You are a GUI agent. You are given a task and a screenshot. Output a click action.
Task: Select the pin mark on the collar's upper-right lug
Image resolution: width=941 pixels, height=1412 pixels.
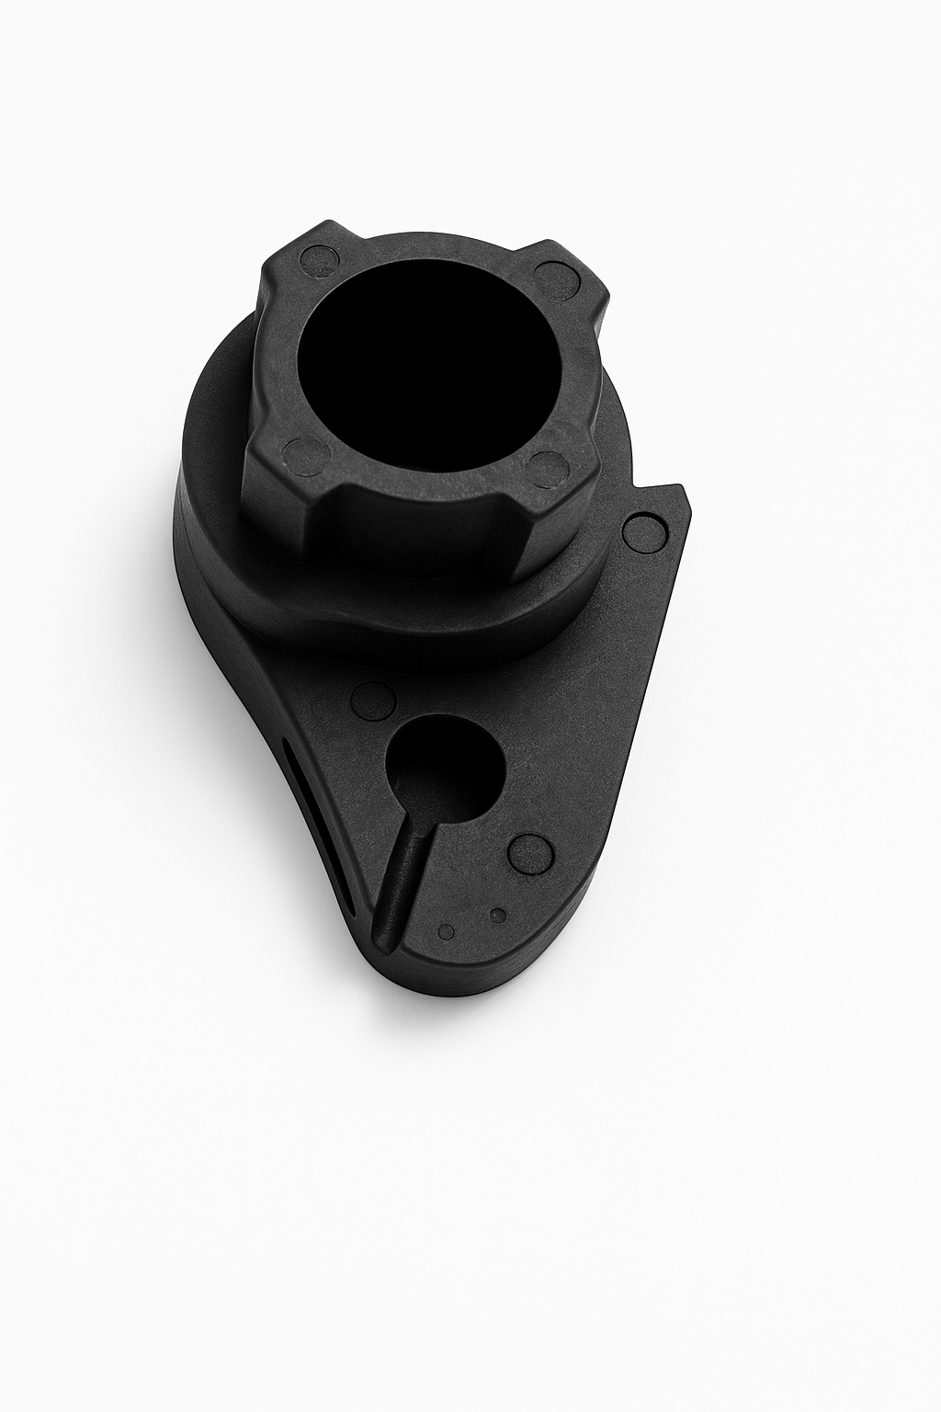click(x=556, y=278)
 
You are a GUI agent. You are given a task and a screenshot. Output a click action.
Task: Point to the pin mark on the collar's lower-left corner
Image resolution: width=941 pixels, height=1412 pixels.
click(x=305, y=454)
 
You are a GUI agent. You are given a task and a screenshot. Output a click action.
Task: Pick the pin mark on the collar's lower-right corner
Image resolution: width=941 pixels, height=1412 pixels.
click(x=549, y=469)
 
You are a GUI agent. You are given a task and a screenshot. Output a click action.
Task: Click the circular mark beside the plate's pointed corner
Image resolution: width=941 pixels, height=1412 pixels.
click(x=644, y=533)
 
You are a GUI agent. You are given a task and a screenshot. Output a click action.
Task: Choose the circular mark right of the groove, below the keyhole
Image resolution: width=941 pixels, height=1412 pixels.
click(x=530, y=853)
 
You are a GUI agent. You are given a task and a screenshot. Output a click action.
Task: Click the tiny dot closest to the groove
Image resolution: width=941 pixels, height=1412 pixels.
click(x=447, y=931)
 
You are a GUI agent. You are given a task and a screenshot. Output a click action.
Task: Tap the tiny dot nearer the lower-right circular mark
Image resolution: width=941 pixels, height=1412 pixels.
click(x=498, y=915)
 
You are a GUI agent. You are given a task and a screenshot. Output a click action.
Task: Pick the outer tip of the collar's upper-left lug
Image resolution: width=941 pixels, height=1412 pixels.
click(x=267, y=276)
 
